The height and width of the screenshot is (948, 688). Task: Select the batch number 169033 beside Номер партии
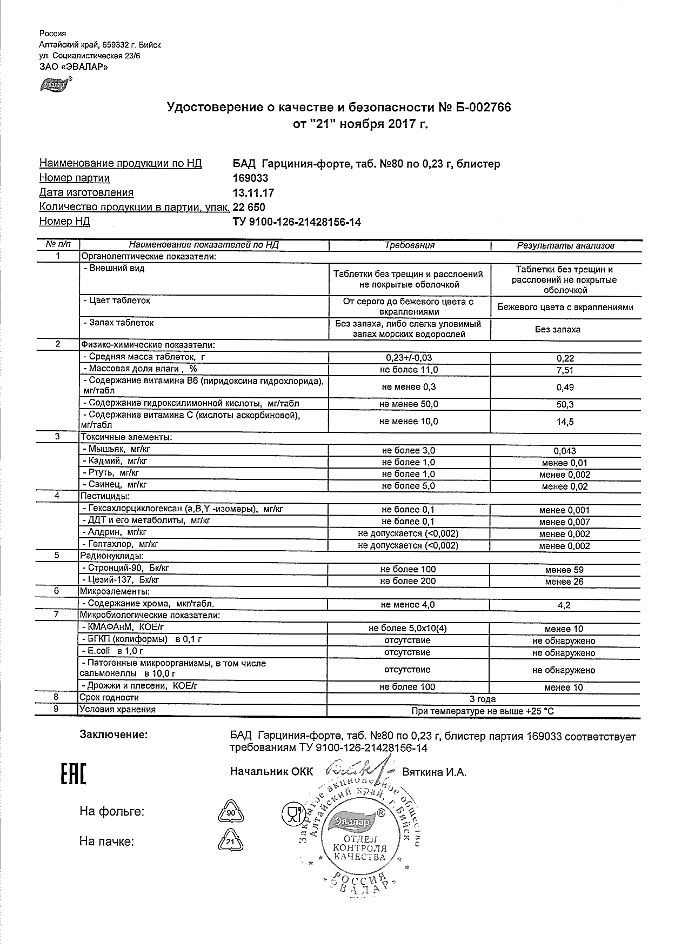pos(250,178)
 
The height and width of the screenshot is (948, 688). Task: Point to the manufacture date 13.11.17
pos(252,193)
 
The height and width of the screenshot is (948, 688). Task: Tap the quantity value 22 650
pos(249,208)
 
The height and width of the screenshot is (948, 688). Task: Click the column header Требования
pos(409,245)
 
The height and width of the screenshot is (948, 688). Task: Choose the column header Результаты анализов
pos(565,245)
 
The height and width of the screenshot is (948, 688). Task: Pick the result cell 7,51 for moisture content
pos(565,370)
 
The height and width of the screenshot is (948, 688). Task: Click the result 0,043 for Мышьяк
pos(565,451)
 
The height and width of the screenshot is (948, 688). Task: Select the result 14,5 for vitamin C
pos(565,422)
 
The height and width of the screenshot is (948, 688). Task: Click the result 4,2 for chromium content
pos(564,605)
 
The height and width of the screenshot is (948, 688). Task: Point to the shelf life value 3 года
pos(483,699)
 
